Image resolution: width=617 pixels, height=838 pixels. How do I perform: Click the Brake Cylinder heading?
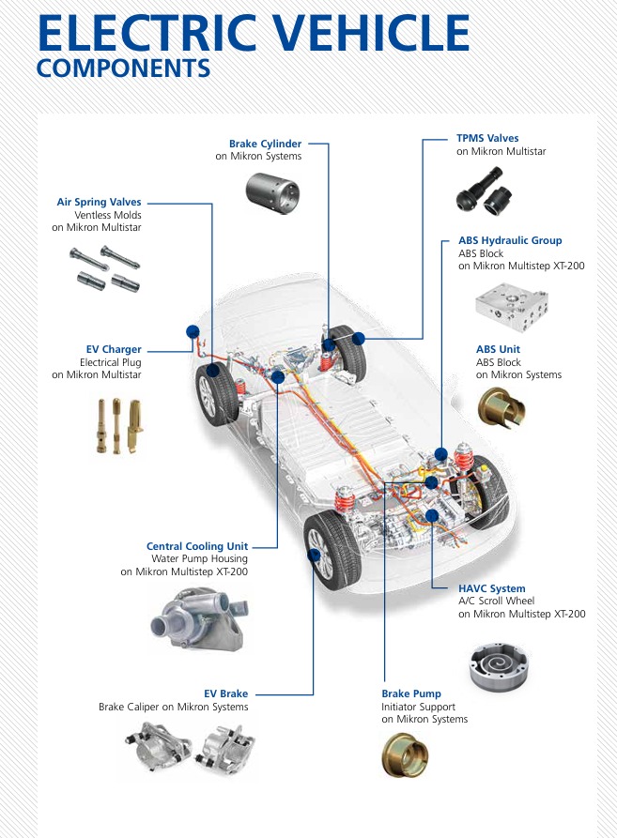266,144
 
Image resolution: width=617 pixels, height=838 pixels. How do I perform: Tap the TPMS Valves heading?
487,138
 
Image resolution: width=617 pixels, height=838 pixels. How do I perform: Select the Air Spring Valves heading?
99,202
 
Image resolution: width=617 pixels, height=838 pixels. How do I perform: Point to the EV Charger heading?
114,350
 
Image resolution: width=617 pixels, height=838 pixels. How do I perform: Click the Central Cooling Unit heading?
197,546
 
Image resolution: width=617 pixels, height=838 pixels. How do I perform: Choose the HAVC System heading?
491,589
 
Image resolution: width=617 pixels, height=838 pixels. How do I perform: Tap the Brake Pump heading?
411,693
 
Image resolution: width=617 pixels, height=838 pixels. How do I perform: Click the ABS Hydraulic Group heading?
510,241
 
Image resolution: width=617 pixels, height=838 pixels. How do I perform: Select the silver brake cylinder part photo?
273,190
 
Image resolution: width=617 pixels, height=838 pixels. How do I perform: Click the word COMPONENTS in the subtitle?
123,69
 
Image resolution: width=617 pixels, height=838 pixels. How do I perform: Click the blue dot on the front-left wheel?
315,555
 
